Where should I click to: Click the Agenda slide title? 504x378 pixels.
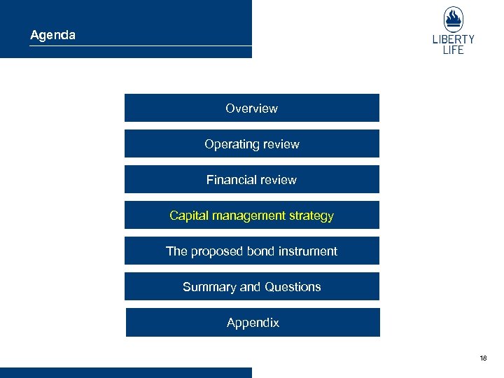(x=52, y=34)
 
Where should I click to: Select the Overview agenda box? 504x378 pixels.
(x=251, y=108)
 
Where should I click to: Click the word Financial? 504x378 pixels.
(x=230, y=180)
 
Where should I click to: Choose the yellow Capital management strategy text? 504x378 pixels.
(x=251, y=216)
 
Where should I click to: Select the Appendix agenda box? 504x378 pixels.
(x=253, y=323)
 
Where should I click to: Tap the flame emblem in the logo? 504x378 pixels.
(x=453, y=19)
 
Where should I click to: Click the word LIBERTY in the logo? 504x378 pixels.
(x=453, y=39)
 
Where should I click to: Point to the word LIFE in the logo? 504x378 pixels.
(x=453, y=50)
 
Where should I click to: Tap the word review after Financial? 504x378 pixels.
(x=278, y=180)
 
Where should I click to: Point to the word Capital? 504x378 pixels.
(x=188, y=216)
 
